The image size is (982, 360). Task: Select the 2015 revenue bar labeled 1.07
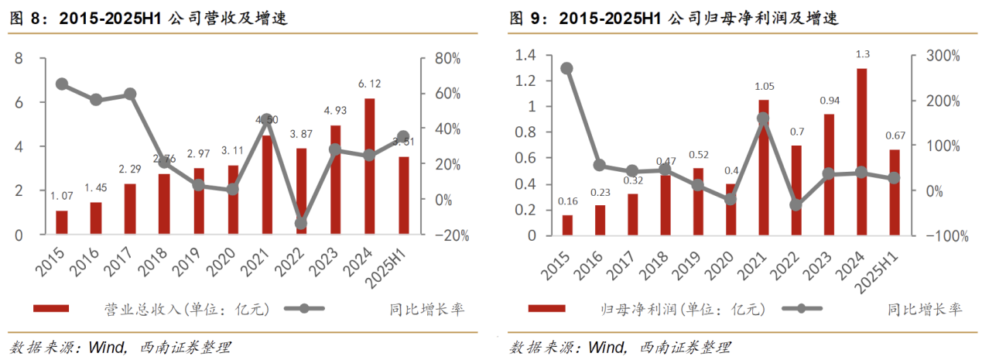click(x=62, y=222)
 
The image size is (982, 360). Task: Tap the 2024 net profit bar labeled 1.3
click(x=861, y=151)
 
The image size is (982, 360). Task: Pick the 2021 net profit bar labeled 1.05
click(x=764, y=166)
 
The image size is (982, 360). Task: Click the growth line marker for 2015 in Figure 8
click(x=62, y=84)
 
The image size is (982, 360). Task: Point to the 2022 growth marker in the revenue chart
click(x=301, y=224)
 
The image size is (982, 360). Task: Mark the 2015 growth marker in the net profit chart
click(x=566, y=68)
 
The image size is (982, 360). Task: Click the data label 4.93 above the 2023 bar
click(x=335, y=109)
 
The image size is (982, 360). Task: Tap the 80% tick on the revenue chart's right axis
click(x=447, y=59)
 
